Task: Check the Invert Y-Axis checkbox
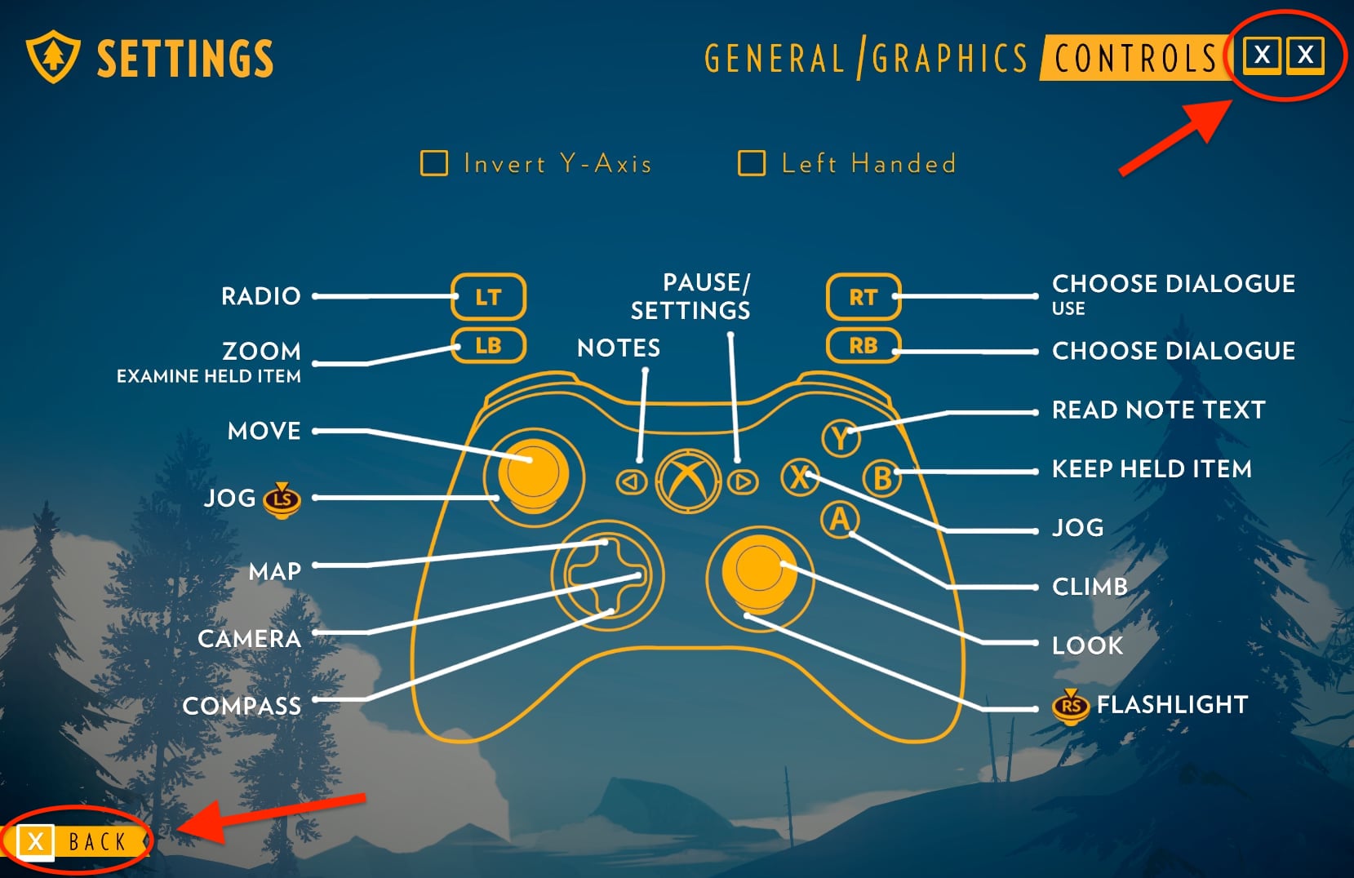click(x=434, y=163)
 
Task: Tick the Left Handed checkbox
click(x=752, y=163)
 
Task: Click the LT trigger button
click(x=488, y=297)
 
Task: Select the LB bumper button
click(x=488, y=345)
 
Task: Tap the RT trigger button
click(x=863, y=297)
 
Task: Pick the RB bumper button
click(x=863, y=345)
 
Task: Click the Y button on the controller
click(x=840, y=438)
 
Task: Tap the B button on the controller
click(x=882, y=478)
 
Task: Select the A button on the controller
click(x=840, y=519)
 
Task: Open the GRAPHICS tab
click(x=949, y=59)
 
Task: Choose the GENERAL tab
click(x=774, y=59)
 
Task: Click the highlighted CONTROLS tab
click(x=1135, y=59)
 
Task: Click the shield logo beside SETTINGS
click(x=53, y=57)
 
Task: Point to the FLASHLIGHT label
click(x=1172, y=704)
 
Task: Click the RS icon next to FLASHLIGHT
click(x=1071, y=706)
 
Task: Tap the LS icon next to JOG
click(x=282, y=499)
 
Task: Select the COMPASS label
click(x=242, y=706)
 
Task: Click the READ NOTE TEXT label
click(x=1158, y=410)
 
